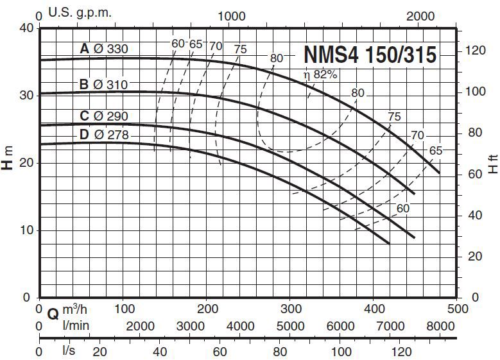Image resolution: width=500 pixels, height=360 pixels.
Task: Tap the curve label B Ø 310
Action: point(104,84)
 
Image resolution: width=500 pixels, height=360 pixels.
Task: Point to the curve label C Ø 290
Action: point(104,116)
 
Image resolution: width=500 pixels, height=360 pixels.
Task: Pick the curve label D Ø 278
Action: point(105,135)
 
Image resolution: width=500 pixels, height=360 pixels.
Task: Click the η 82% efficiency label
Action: point(320,75)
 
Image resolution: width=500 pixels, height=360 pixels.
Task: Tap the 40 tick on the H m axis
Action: point(26,28)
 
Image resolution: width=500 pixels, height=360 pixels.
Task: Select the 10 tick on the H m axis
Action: point(26,230)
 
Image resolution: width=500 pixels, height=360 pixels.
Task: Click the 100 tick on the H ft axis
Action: point(476,92)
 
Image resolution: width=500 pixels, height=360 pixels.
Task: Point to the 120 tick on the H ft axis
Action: point(476,50)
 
